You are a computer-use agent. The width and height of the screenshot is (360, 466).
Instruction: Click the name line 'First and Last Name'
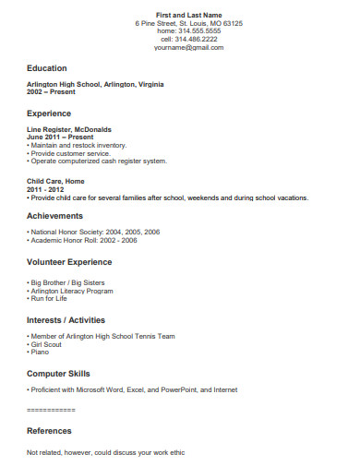click(x=189, y=16)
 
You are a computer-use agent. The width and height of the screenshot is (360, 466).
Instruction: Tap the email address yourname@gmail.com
click(x=189, y=47)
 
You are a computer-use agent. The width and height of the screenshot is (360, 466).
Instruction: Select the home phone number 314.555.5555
click(x=189, y=31)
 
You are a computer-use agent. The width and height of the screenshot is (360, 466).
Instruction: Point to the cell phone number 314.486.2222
click(x=189, y=40)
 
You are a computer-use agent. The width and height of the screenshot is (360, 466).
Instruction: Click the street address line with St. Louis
click(x=189, y=24)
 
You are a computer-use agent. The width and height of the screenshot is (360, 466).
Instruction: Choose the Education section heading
click(x=47, y=68)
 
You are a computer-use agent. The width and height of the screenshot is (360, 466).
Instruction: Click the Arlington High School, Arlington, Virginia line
click(x=96, y=84)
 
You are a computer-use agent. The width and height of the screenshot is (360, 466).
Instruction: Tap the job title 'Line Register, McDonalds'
click(x=69, y=130)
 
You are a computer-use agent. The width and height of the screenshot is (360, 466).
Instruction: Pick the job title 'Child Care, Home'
click(x=56, y=182)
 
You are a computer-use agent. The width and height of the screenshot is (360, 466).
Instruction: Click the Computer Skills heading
click(x=59, y=374)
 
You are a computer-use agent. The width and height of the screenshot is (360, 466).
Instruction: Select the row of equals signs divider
click(x=51, y=408)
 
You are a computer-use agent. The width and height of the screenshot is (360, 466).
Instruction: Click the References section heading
click(x=50, y=431)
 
